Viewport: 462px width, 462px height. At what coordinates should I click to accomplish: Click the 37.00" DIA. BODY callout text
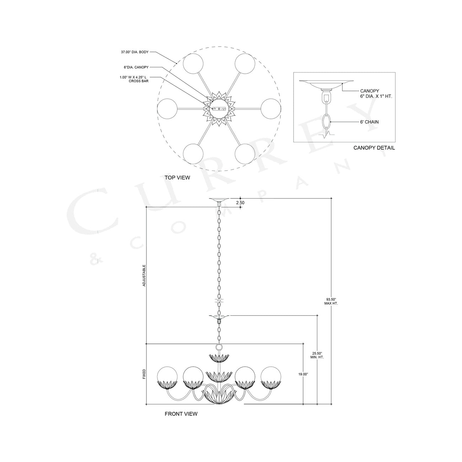click(x=135, y=52)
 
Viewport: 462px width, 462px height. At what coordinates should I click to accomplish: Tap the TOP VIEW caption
click(x=177, y=177)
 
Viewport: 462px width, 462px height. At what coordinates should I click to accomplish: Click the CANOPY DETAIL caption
click(x=374, y=148)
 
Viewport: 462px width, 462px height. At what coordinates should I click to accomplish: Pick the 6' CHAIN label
click(x=369, y=122)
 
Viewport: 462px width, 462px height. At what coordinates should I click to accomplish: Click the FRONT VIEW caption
click(x=181, y=414)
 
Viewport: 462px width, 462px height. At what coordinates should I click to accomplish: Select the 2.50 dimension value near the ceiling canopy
click(x=240, y=203)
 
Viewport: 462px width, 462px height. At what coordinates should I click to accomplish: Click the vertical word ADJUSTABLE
click(x=144, y=275)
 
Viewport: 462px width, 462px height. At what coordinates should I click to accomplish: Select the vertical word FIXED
click(x=144, y=374)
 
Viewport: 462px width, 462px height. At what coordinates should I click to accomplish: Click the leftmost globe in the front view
click(x=167, y=376)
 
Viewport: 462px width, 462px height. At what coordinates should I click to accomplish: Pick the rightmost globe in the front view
click(x=270, y=376)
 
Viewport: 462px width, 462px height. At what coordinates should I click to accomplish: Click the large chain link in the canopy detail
click(x=326, y=122)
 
